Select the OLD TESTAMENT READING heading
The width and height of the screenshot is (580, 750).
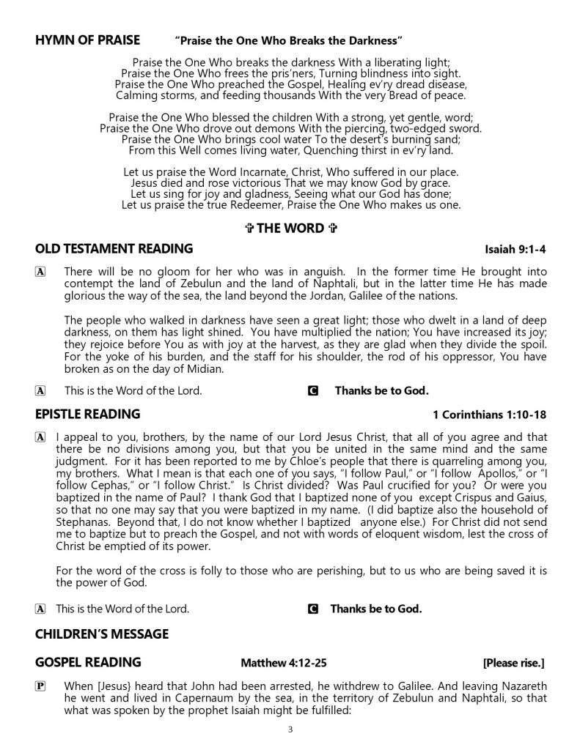tap(114, 249)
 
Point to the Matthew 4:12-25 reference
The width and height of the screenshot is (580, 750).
tap(284, 664)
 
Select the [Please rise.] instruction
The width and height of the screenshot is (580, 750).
tap(513, 664)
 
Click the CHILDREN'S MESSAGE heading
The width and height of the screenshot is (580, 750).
tap(101, 634)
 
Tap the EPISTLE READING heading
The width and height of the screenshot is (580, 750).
tap(87, 415)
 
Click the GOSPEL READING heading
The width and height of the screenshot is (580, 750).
tap(88, 663)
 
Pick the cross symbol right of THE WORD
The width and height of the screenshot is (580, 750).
tap(331, 229)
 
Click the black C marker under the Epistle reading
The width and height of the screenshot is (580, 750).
tap(314, 609)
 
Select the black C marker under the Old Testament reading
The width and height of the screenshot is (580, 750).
tap(314, 391)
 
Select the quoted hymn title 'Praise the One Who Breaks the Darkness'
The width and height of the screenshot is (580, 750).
tap(290, 39)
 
